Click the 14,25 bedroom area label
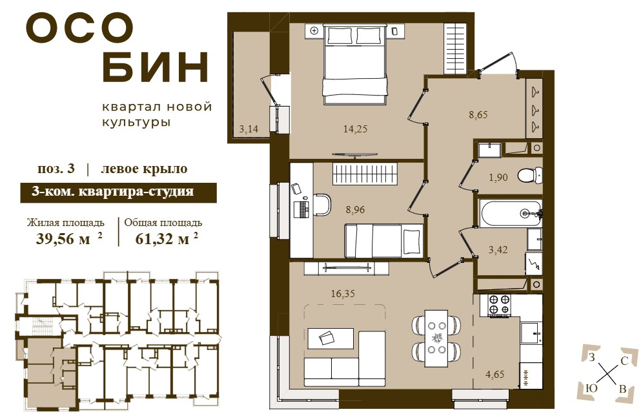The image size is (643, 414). [x=355, y=129]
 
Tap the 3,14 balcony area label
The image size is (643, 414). [x=249, y=129]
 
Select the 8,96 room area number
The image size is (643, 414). [x=355, y=210]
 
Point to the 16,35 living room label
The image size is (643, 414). [x=343, y=294]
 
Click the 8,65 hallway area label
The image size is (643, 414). [x=478, y=114]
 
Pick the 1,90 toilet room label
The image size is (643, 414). [x=498, y=177]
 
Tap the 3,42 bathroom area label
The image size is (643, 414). [x=498, y=249]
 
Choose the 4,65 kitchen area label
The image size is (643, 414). [x=495, y=374]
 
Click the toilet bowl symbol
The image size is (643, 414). [x=530, y=176]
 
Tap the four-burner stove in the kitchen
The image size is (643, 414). [x=500, y=305]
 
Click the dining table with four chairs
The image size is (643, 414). [x=436, y=338]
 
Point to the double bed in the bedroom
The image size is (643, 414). [x=355, y=64]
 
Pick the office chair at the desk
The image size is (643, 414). [x=322, y=204]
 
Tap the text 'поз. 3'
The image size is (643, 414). [x=56, y=169]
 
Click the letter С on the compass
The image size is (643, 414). [x=624, y=361]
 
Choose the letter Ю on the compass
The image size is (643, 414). [x=591, y=388]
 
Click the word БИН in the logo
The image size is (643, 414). [x=155, y=67]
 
